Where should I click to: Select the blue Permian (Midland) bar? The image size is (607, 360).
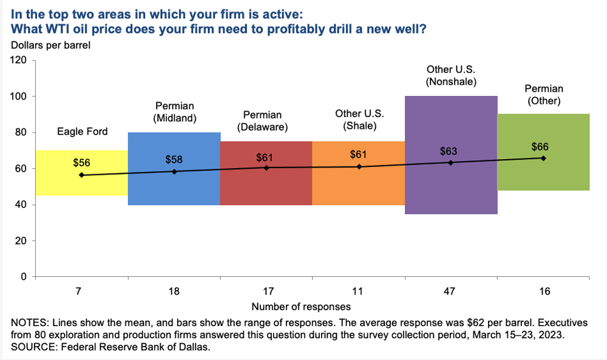point(174,188)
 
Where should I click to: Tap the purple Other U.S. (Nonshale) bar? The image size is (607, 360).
point(450,188)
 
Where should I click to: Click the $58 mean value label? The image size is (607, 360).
point(174,159)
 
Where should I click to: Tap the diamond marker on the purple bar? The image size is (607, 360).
point(450,162)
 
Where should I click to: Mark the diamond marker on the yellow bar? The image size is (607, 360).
point(82,175)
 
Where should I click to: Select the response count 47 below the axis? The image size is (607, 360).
point(450,292)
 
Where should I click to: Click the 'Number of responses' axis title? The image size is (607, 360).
point(301,307)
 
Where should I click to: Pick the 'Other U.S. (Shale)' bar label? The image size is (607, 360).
point(359,120)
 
